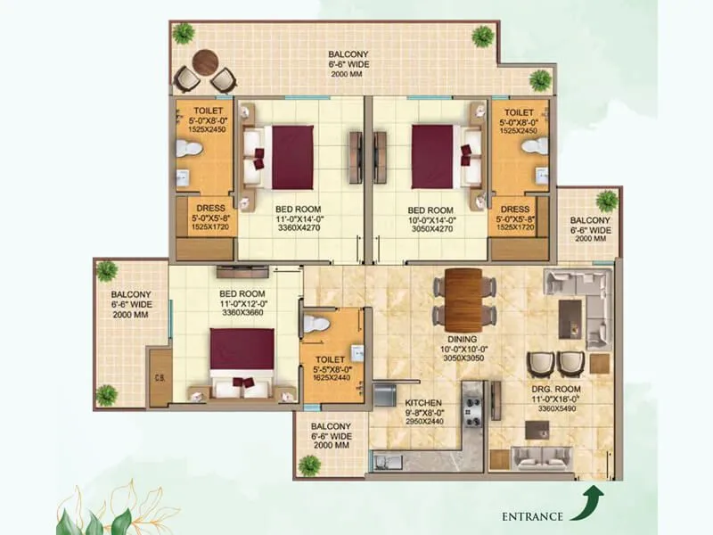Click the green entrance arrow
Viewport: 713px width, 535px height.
click(590, 501)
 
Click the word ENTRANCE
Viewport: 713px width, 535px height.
click(533, 516)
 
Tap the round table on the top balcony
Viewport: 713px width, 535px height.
click(204, 62)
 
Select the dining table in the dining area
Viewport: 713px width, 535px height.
click(463, 299)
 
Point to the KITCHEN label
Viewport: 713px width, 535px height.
click(423, 402)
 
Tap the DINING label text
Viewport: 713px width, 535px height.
click(463, 339)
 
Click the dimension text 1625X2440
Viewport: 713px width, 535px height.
click(332, 377)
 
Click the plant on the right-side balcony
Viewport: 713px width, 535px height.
click(607, 202)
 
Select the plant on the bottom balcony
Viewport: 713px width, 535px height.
click(310, 465)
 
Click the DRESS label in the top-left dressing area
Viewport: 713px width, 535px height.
click(210, 210)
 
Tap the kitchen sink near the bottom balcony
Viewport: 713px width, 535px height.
click(389, 461)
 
